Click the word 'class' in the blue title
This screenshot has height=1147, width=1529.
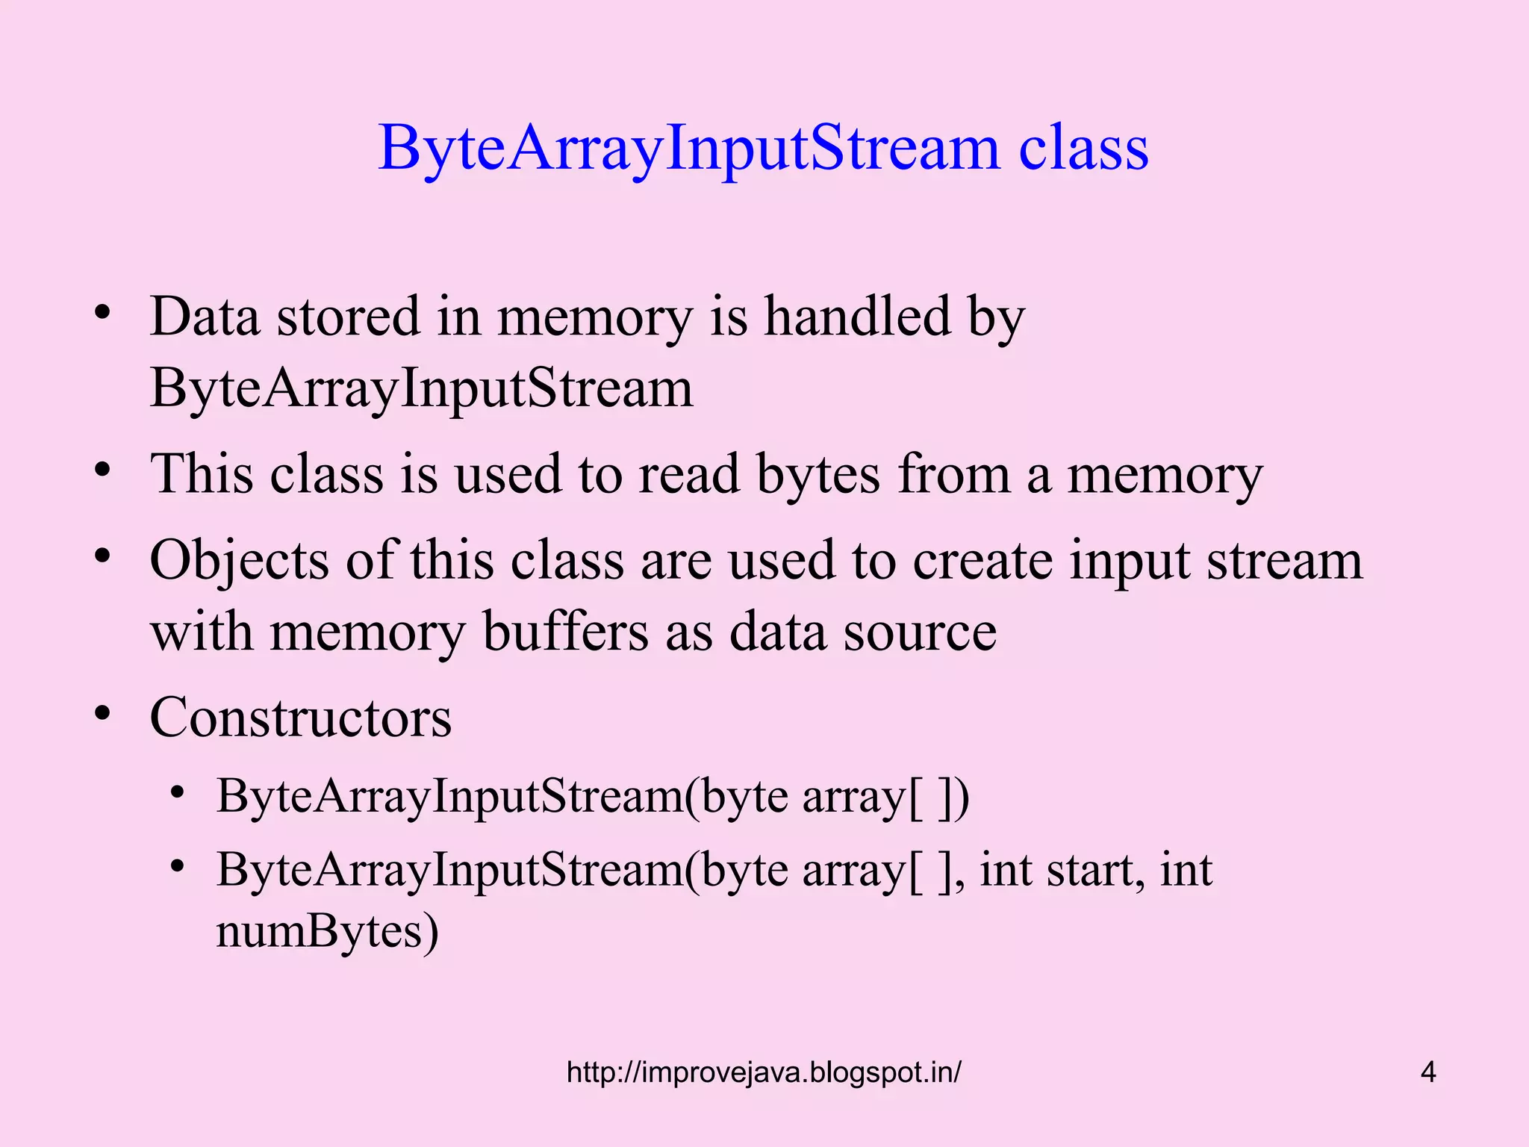[x=1083, y=148]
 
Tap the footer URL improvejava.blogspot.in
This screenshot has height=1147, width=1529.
[x=764, y=1072]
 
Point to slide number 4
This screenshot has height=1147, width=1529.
[x=1428, y=1072]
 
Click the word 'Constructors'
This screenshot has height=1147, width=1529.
[x=300, y=718]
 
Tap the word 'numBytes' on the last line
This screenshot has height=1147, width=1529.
[x=327, y=932]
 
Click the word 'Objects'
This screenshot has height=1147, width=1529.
[x=239, y=560]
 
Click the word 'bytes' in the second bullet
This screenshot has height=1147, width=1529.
[x=818, y=474]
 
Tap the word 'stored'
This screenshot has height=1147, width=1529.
[x=348, y=317]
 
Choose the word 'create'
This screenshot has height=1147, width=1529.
[x=983, y=560]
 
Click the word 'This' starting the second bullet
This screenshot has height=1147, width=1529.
[x=201, y=474]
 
